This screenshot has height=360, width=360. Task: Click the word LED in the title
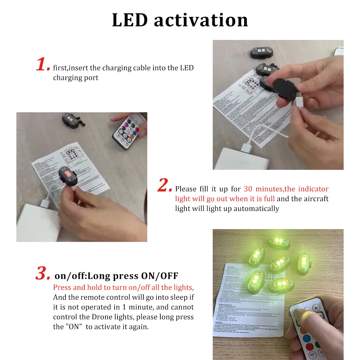click(130, 20)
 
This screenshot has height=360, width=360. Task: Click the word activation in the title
click(201, 20)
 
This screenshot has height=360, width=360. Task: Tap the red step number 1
click(42, 64)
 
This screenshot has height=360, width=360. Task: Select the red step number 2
click(164, 185)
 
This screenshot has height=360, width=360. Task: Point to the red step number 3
click(43, 273)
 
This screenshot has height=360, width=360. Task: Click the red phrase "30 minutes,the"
click(269, 189)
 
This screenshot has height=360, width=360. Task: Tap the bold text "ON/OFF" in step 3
click(160, 276)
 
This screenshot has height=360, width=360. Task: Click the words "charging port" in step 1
click(76, 78)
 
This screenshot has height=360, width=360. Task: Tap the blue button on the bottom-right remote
click(307, 338)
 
